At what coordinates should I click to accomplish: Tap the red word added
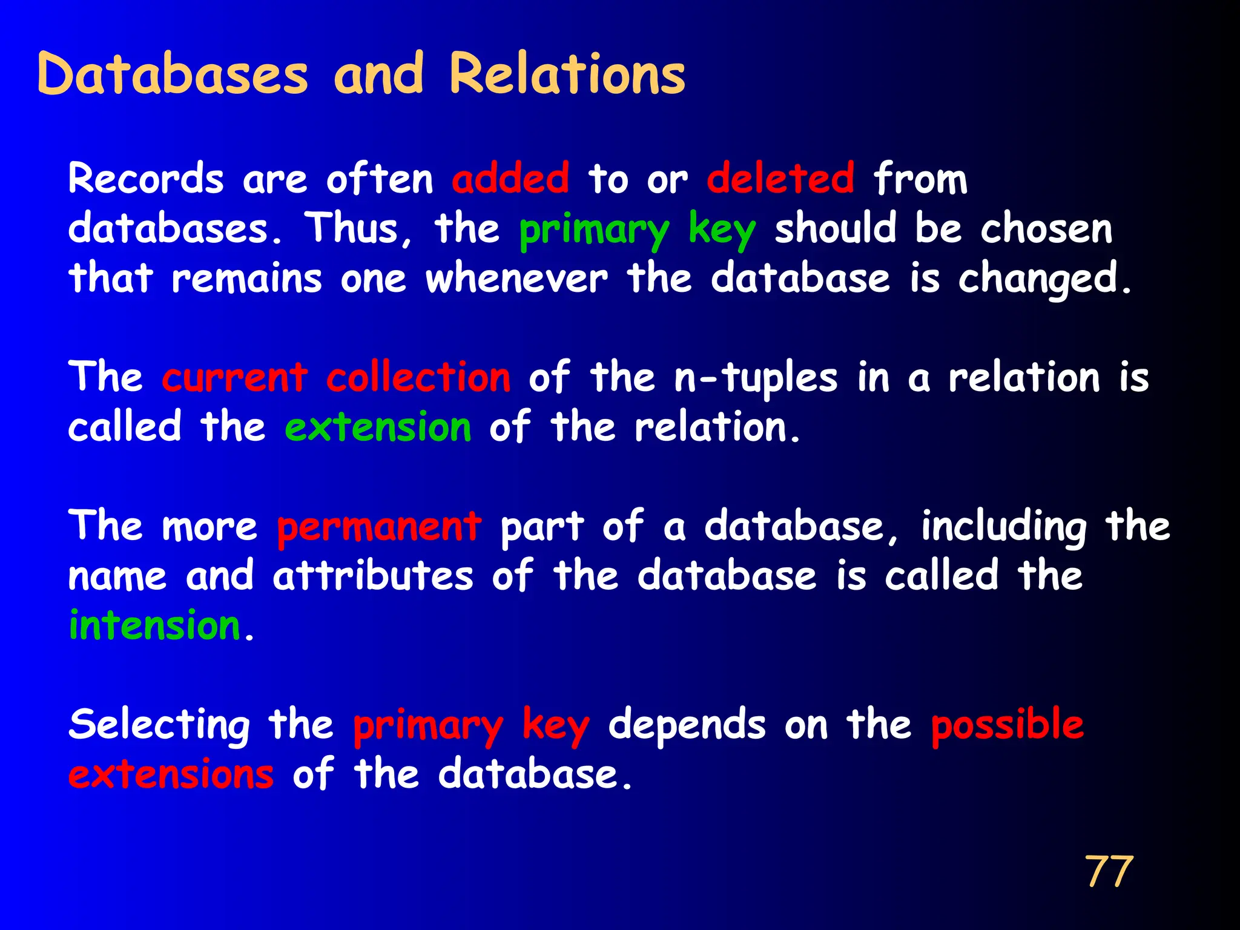pos(510,179)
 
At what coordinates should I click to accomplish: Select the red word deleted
pos(780,179)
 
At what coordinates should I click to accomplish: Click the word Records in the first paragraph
pos(146,179)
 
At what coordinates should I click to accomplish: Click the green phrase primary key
pos(638,231)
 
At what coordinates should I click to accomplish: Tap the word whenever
pos(516,279)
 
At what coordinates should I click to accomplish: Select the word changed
pos(1043,279)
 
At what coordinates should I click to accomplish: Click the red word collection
pos(418,378)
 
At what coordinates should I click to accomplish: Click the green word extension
pos(378,427)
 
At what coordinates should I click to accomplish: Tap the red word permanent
pos(379,527)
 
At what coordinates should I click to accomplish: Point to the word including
pos(1003,527)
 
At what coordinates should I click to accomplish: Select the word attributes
pos(373,576)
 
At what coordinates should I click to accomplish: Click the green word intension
pos(155,625)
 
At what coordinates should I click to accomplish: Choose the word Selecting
pos(159,725)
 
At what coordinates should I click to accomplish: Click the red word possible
pos(1007,725)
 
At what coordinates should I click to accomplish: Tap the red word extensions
pos(171,774)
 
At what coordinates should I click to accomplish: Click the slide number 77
pos(1109,872)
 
